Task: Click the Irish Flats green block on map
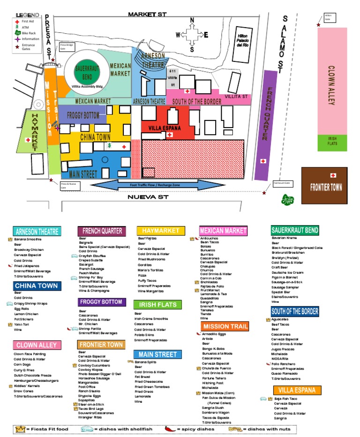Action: pyautogui.click(x=332, y=143)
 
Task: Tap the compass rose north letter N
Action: pyautogui.click(x=192, y=20)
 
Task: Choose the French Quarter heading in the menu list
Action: pyautogui.click(x=102, y=231)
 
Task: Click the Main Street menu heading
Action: pyautogui.click(x=157, y=354)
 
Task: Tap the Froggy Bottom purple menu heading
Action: pyautogui.click(x=101, y=302)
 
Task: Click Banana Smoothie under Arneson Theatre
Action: pyautogui.click(x=28, y=239)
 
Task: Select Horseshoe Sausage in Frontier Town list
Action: pyautogui.click(x=94, y=378)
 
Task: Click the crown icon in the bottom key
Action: pyautogui.click(x=20, y=429)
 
